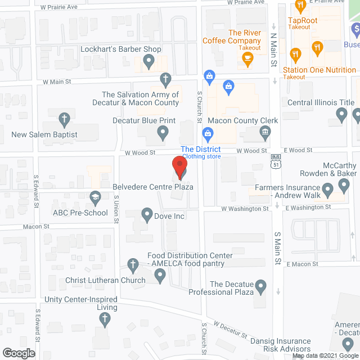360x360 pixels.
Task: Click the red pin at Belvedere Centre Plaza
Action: click(x=179, y=167)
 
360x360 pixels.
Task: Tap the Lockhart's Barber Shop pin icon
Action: click(x=149, y=60)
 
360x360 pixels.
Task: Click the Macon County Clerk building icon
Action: click(x=265, y=133)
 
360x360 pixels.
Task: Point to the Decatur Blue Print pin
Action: click(x=163, y=133)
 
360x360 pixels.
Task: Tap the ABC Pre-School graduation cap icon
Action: click(x=95, y=197)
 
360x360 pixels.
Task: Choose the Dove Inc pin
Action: click(x=147, y=214)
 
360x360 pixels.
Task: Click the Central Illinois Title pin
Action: click(x=341, y=115)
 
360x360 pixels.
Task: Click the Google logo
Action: click(x=19, y=353)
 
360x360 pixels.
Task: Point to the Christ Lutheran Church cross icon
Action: click(x=133, y=264)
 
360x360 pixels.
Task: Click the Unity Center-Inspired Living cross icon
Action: click(x=104, y=319)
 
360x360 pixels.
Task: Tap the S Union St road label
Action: click(x=117, y=207)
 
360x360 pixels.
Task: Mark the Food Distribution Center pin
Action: click(x=160, y=275)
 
